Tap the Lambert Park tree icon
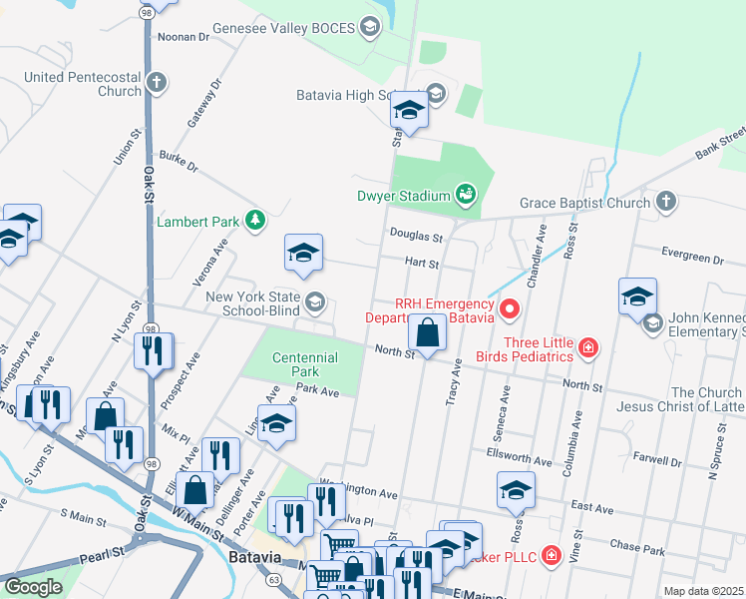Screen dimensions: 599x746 point(256,221)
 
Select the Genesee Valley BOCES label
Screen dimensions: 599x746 point(297,30)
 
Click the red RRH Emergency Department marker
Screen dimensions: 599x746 point(509,310)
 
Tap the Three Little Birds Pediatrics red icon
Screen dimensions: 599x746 point(589,347)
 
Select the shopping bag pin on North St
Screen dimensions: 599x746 point(428,334)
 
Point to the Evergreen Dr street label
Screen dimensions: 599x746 point(689,259)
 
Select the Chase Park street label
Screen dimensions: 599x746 point(636,547)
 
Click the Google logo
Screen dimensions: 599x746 point(33,586)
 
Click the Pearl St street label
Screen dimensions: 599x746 point(99,551)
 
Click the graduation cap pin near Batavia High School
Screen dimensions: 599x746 point(409,109)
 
